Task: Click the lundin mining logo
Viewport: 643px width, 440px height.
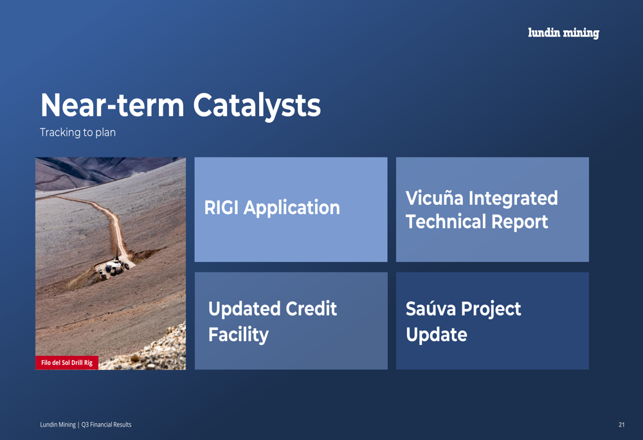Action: coord(563,33)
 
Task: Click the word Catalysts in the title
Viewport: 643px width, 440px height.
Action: coord(257,106)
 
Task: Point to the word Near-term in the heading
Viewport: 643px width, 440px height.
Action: coord(113,105)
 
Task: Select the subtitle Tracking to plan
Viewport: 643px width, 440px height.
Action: coord(78,132)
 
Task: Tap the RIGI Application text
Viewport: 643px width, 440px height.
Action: coord(272,207)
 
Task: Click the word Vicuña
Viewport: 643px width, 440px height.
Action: coord(434,198)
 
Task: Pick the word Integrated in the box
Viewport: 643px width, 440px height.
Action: coord(513,198)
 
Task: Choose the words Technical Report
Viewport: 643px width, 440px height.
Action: coord(477,222)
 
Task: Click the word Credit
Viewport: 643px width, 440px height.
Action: coord(311,308)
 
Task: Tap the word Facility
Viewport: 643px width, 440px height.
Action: coord(239,335)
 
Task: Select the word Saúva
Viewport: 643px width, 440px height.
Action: coord(431,308)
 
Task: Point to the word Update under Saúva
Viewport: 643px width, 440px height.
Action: coord(437,335)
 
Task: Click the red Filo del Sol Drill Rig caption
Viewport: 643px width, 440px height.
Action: coord(67,362)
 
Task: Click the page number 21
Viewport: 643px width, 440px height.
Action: coord(622,425)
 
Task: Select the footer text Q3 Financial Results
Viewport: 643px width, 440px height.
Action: coord(106,425)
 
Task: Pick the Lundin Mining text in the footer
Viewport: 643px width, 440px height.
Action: coord(58,425)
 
